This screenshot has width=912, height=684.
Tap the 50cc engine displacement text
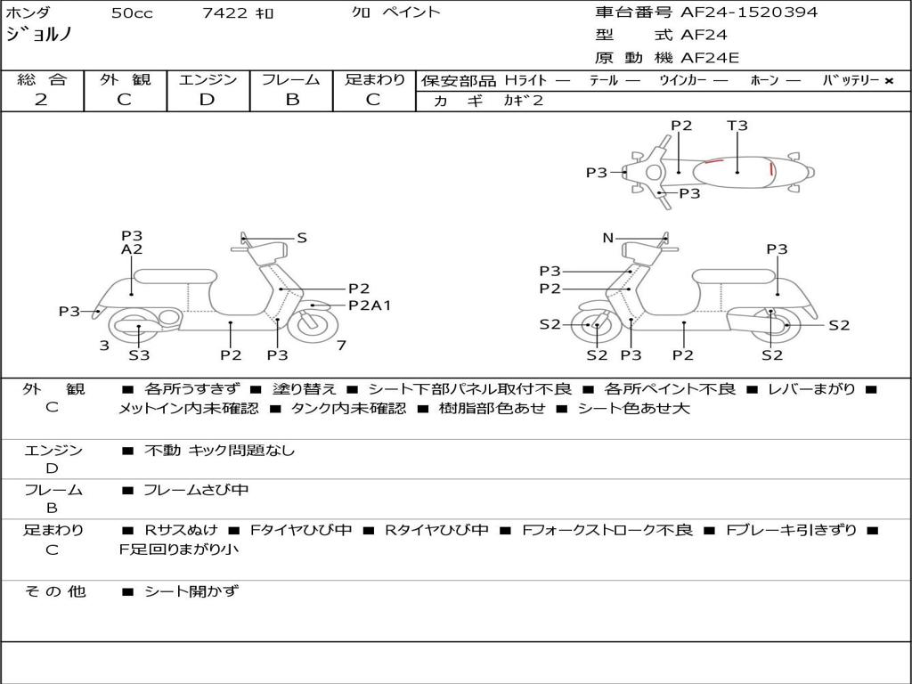(x=130, y=13)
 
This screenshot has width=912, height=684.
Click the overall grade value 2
(x=41, y=100)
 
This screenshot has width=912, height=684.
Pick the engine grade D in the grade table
(x=207, y=100)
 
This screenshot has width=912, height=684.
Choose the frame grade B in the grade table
(x=292, y=100)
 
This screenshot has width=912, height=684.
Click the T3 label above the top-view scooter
(x=737, y=126)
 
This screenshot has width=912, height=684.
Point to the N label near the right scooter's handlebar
(x=607, y=238)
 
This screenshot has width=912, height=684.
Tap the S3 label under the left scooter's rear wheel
(x=139, y=355)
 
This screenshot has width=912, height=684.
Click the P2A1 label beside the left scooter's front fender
(x=370, y=305)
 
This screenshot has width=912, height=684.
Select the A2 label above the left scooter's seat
(x=132, y=250)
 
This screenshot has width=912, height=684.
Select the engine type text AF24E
(x=710, y=59)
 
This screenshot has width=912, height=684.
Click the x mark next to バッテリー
(x=888, y=81)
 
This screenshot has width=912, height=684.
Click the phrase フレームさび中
(x=196, y=490)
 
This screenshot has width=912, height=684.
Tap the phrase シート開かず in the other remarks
(x=191, y=590)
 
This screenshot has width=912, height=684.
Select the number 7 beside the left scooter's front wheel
(x=341, y=346)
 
